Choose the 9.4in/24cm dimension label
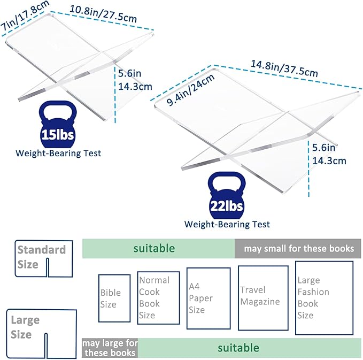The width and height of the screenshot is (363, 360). pos(190,89)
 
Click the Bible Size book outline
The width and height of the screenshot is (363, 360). pos(114,298)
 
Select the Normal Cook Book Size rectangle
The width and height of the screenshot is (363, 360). pos(158,297)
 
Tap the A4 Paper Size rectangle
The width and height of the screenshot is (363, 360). pos(208,298)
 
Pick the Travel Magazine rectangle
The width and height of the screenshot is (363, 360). pos(263,297)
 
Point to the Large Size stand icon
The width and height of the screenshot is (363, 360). pos(41,328)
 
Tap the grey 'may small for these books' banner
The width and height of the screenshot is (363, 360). pos(298,249)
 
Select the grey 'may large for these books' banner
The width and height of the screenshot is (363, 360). pos(110,348)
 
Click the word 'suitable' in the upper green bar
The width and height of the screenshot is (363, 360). pos(154,248)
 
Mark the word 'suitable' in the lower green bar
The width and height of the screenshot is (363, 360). pos(238,348)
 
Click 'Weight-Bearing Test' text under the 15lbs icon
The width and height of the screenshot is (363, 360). pos(58,154)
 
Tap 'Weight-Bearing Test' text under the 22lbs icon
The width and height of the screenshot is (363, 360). pos(227,225)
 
